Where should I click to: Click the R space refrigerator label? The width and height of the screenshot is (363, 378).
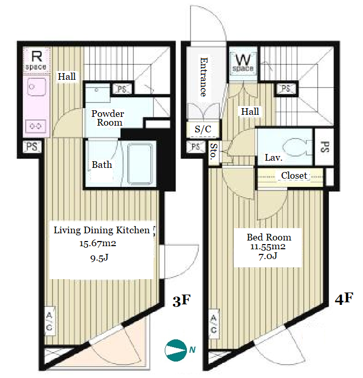[x=37, y=60]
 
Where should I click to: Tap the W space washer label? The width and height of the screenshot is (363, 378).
[x=243, y=63]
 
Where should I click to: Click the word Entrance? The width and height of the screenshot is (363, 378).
[x=204, y=77]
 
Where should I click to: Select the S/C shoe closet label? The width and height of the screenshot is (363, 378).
[x=203, y=129]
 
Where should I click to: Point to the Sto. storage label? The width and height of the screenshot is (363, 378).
[x=214, y=151]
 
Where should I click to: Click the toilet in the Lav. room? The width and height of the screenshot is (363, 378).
[x=294, y=147]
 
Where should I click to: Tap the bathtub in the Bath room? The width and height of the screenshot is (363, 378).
[x=140, y=164]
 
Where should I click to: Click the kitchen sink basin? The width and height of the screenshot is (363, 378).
[x=36, y=87]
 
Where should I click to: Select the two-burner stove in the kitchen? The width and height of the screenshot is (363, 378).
[x=36, y=126]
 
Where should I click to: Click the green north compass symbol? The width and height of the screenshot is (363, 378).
[x=176, y=350]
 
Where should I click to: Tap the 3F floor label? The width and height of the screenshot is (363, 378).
[x=181, y=301]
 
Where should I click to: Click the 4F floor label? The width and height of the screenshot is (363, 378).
[x=344, y=299]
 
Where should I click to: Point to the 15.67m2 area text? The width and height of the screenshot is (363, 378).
[x=98, y=244]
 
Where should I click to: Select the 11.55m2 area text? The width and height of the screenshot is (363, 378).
[x=268, y=247]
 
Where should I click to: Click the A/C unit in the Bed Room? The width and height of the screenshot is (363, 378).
[x=214, y=324]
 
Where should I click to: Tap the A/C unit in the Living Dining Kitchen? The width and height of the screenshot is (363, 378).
[x=49, y=321]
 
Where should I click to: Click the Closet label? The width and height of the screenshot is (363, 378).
[x=294, y=176]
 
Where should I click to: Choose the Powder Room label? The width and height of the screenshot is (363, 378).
[x=108, y=118]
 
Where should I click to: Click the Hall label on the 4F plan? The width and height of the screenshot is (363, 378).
[x=250, y=112]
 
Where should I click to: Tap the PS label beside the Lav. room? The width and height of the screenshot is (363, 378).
[x=325, y=147]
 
